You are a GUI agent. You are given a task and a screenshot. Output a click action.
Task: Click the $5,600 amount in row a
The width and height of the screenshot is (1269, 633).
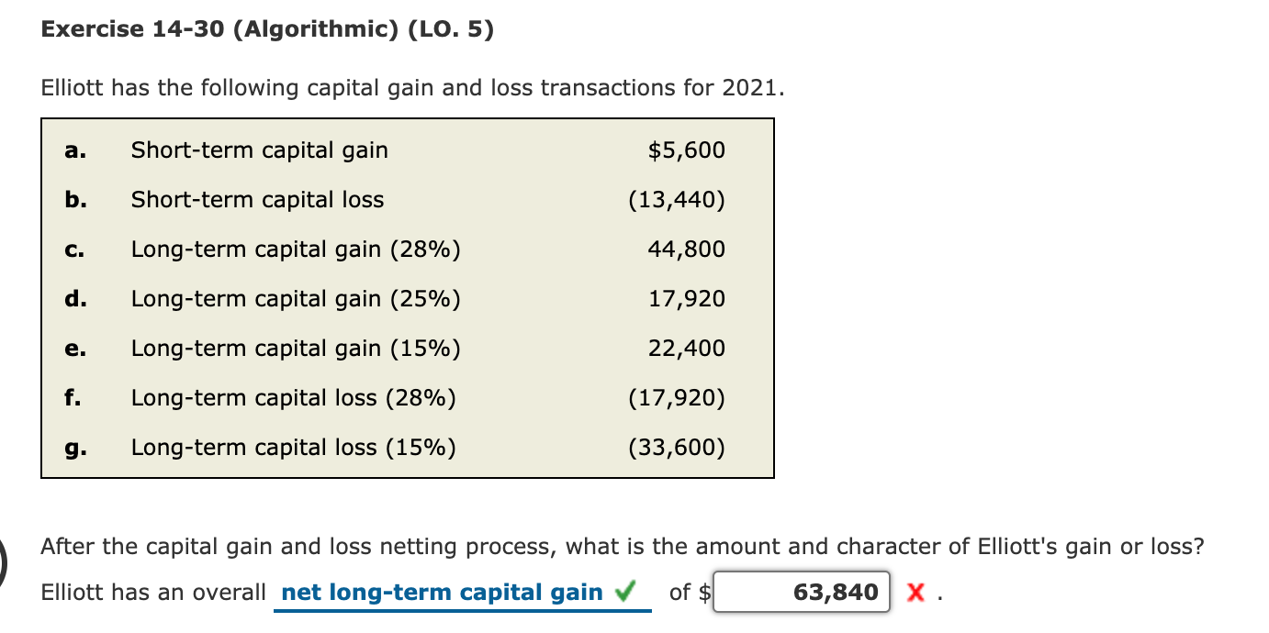click(x=686, y=150)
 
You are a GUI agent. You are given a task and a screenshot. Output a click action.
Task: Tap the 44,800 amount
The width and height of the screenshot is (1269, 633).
click(x=686, y=250)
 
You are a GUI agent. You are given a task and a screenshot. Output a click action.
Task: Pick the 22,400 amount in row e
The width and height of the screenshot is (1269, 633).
click(x=686, y=349)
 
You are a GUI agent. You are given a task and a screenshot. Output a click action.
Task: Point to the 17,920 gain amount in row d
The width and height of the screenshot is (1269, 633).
click(x=686, y=298)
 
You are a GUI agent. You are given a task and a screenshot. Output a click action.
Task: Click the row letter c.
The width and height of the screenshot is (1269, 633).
click(x=74, y=250)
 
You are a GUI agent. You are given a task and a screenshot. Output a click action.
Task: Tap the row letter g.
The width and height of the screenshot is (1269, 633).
click(x=75, y=449)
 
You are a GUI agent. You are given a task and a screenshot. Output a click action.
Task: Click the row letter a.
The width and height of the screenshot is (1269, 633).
click(x=75, y=150)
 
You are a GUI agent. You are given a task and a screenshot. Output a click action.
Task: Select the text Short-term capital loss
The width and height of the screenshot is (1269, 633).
click(x=257, y=200)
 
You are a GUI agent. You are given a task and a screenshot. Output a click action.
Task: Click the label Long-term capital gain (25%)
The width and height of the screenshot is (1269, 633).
click(x=296, y=299)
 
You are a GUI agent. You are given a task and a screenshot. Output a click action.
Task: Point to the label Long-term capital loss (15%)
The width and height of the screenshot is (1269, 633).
click(x=294, y=448)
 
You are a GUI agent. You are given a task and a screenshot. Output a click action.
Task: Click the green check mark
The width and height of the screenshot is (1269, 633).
click(x=625, y=591)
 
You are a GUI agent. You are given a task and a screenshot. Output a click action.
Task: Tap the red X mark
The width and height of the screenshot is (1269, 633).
click(x=915, y=593)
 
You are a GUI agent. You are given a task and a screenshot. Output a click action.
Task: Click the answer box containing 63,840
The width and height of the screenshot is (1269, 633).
click(x=802, y=593)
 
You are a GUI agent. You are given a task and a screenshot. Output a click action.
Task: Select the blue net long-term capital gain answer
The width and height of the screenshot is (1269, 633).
click(x=442, y=593)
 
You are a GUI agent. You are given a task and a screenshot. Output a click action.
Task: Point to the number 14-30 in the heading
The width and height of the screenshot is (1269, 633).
click(x=188, y=28)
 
